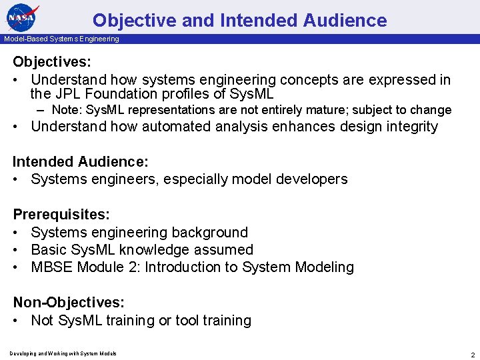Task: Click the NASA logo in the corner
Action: [x=23, y=17]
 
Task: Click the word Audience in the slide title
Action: [x=344, y=21]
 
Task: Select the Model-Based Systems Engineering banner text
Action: [x=61, y=39]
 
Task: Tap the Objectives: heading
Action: [x=52, y=62]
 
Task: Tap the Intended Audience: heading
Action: [x=81, y=162]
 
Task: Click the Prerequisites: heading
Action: [x=61, y=215]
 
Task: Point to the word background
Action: [x=209, y=233]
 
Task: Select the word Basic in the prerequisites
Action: [x=48, y=250]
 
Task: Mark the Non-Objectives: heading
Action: [x=69, y=303]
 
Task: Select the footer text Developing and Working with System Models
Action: [x=63, y=353]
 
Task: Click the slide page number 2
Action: [x=472, y=354]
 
